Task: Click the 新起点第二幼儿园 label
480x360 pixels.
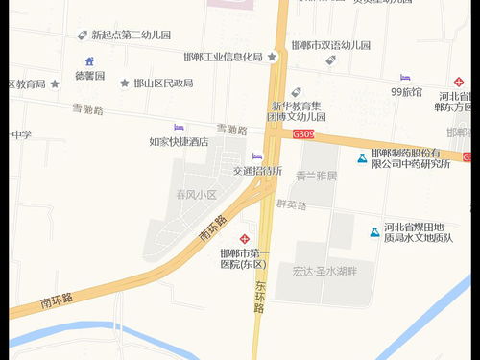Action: pyautogui.click(x=131, y=36)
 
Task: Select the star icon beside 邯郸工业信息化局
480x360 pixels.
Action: pyautogui.click(x=273, y=57)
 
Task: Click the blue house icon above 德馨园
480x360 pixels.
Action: pyautogui.click(x=89, y=61)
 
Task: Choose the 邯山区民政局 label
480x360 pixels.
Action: pyautogui.click(x=163, y=84)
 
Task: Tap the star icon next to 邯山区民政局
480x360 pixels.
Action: pyautogui.click(x=125, y=84)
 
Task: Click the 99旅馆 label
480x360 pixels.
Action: pyautogui.click(x=406, y=91)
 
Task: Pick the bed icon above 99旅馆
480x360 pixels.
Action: pyautogui.click(x=405, y=78)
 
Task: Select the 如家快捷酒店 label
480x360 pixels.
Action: pyautogui.click(x=179, y=141)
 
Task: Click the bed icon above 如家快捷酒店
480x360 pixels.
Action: pyautogui.click(x=179, y=128)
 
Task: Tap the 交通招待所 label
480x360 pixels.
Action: pyautogui.click(x=257, y=170)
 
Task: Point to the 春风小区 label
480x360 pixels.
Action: pyautogui.click(x=196, y=194)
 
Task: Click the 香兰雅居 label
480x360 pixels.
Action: pyautogui.click(x=317, y=176)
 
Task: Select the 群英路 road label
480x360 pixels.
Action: pyautogui.click(x=290, y=204)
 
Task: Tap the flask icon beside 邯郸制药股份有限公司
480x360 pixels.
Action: pyautogui.click(x=362, y=157)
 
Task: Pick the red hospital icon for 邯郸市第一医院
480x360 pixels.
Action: pyautogui.click(x=245, y=238)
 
